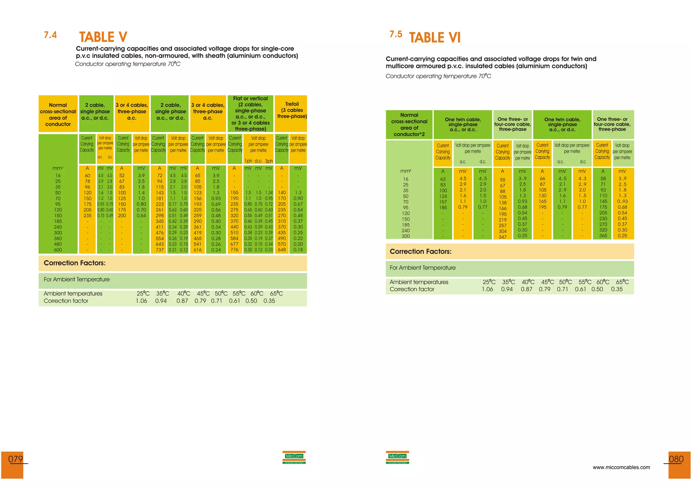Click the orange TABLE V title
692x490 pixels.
(103, 37)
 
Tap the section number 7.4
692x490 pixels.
(50, 35)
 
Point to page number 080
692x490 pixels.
(676, 459)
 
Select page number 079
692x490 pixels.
(16, 459)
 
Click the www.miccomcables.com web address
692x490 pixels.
(621, 467)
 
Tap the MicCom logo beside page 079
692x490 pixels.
(294, 457)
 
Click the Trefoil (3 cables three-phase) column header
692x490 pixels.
(292, 110)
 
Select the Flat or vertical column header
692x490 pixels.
(250, 113)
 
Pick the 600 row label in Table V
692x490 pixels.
(58, 250)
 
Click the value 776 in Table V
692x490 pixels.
(234, 250)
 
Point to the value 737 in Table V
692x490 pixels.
(159, 250)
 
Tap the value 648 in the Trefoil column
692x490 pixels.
(282, 250)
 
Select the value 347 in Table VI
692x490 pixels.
(502, 237)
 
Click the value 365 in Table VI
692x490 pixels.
(603, 236)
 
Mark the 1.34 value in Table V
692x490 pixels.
(269, 193)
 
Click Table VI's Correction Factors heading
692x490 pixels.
(420, 251)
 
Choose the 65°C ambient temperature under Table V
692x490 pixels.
(276, 293)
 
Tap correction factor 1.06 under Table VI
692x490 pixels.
(487, 289)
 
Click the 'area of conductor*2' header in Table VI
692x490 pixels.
(409, 131)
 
